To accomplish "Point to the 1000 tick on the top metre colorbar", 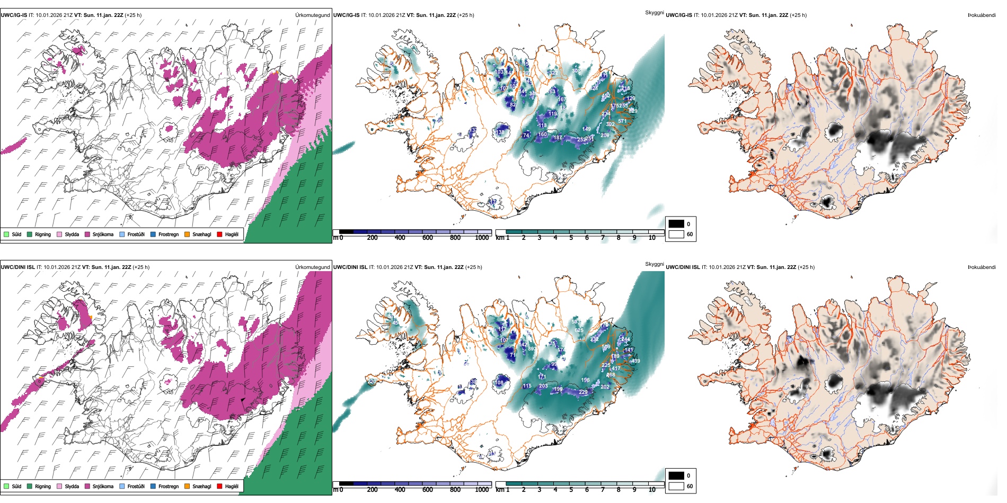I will pos(482,238).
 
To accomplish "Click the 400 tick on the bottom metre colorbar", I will pos(400,490).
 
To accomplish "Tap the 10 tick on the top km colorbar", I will pos(652,238).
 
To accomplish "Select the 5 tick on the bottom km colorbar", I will pos(571,490).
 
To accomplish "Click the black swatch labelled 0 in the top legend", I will pos(676,224).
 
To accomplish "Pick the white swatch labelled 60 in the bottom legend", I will pos(676,486).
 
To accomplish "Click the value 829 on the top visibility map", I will pos(633,111).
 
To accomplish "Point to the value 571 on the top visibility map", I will pos(622,121).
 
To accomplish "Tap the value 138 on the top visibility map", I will pos(501,132).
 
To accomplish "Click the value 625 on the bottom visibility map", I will pos(579,330).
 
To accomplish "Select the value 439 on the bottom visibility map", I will pos(635,361).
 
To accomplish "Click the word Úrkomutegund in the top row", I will pos(312,15).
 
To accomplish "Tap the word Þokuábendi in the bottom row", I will pos(982,267).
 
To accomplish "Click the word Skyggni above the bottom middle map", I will pos(654,264).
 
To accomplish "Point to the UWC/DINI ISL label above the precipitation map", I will pos(17,267).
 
